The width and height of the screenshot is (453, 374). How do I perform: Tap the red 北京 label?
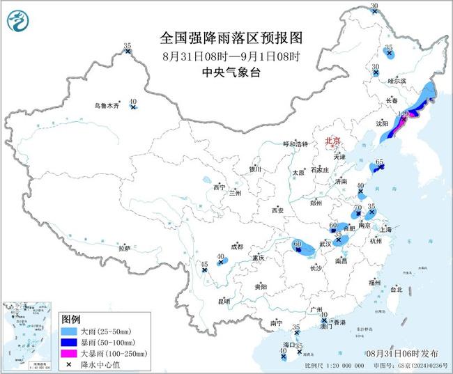332,141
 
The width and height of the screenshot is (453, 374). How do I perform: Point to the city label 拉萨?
124,248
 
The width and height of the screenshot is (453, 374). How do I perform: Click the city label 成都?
236,247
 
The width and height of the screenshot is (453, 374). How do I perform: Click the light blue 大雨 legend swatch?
69,332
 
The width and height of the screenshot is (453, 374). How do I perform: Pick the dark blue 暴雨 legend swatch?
69,343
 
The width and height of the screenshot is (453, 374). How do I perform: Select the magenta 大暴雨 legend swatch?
69,354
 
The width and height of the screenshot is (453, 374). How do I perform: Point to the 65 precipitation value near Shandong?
380,162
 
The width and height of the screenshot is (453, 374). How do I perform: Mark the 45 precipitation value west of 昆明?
205,264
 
